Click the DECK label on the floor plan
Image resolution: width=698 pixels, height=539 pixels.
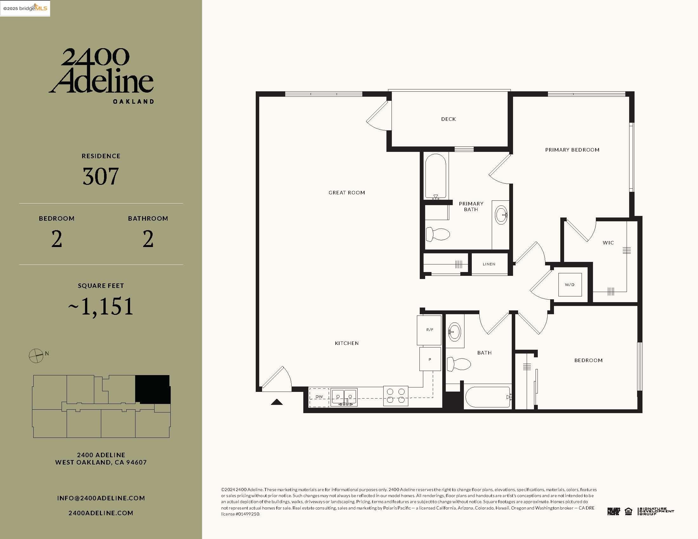click(x=448, y=119)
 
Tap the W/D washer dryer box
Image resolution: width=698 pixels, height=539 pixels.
click(x=570, y=284)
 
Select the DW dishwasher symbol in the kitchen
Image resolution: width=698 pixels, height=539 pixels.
click(x=319, y=397)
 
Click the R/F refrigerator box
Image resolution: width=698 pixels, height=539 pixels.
click(x=429, y=330)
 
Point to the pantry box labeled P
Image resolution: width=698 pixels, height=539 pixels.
click(x=430, y=359)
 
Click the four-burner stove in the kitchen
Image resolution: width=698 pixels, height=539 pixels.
click(x=396, y=396)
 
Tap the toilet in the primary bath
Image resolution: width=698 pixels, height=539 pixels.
click(x=438, y=234)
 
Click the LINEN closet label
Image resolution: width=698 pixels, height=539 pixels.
click(x=489, y=264)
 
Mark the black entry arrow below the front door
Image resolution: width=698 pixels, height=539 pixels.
click(x=277, y=402)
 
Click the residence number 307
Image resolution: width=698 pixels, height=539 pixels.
click(x=101, y=176)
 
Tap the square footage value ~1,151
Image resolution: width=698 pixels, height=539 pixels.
click(x=101, y=307)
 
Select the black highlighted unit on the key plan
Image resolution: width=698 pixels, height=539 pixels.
click(x=152, y=389)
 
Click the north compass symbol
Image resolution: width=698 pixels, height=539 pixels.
click(x=36, y=355)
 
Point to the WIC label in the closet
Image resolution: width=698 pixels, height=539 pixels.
click(x=608, y=243)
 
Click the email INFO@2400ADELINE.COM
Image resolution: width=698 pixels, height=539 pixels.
click(x=101, y=498)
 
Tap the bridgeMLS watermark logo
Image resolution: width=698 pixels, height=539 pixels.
click(x=25, y=8)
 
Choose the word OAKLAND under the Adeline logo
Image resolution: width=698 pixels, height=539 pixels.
click(x=134, y=101)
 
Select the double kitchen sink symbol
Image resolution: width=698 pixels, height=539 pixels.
click(x=344, y=397)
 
